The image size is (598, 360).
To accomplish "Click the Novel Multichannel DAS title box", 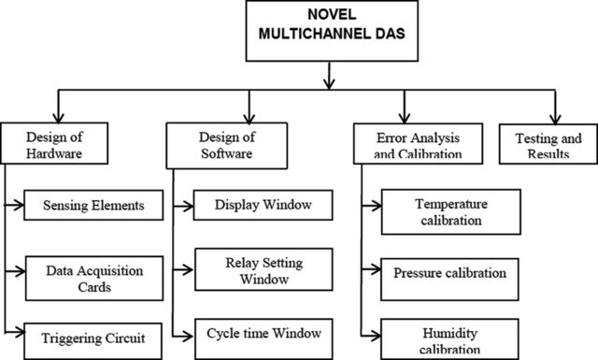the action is click(x=332, y=31).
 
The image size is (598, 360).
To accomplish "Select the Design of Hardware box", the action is click(x=54, y=143).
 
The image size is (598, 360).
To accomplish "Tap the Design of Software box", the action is click(x=226, y=146).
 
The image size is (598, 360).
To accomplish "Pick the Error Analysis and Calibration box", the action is click(x=418, y=144).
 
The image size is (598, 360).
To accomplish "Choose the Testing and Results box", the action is click(x=548, y=144).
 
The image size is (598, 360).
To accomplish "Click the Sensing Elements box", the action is click(x=93, y=205).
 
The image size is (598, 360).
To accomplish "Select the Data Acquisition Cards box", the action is click(x=94, y=279).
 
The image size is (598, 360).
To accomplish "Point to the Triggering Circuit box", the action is click(x=93, y=341).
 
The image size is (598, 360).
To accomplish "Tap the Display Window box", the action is click(x=263, y=205).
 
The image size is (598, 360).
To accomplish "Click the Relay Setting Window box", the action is click(x=263, y=269).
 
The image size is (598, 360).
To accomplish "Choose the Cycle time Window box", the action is click(x=263, y=339).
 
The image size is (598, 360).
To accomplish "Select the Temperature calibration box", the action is click(x=450, y=212).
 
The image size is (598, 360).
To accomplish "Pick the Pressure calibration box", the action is click(x=449, y=280).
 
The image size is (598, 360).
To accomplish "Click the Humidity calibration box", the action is click(x=449, y=339).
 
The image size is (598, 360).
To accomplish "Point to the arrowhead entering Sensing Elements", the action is click(x=19, y=205).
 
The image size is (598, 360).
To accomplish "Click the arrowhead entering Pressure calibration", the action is click(x=376, y=269).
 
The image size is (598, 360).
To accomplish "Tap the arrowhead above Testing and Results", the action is click(x=555, y=119).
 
